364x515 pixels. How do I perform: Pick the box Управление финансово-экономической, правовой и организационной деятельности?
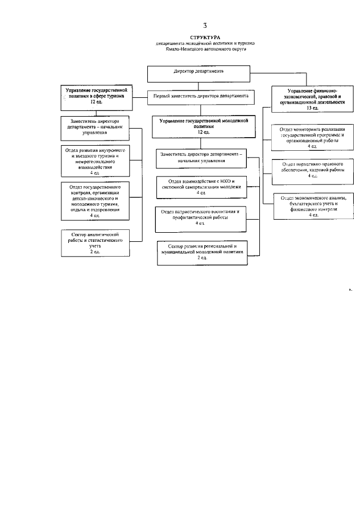pos(309,98)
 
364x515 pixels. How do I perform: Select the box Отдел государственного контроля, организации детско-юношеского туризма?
pos(95,201)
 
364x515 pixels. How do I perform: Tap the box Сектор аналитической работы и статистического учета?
pos(95,242)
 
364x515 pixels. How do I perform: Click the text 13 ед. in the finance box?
pos(309,108)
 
